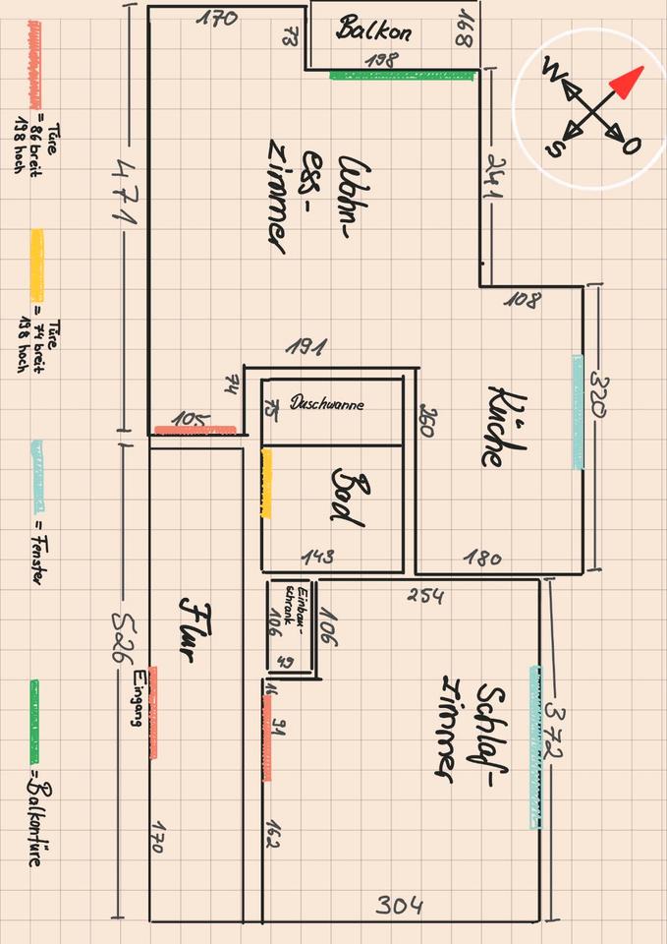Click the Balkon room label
(x=373, y=29)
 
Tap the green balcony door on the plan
(x=403, y=74)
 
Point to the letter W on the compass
(x=553, y=72)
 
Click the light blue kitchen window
(x=579, y=411)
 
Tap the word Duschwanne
(x=327, y=403)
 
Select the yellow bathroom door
(x=266, y=483)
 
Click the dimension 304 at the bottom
(x=398, y=905)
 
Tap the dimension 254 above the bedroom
(x=424, y=596)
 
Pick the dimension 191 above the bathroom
(x=306, y=347)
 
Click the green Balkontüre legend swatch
(x=35, y=709)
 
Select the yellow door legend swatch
(x=37, y=265)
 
